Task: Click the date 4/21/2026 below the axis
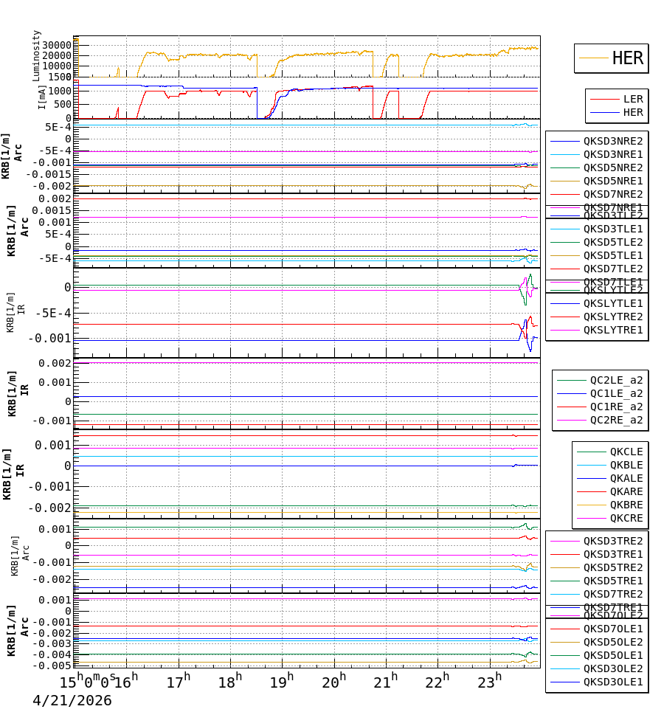click(x=72, y=700)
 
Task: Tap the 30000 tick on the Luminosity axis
click(x=56, y=45)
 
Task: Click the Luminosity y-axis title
click(x=37, y=55)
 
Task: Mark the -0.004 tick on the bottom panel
click(x=53, y=654)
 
